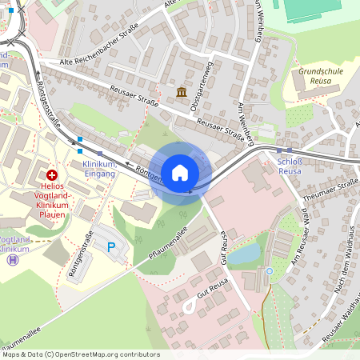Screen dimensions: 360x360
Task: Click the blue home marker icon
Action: click(180, 173)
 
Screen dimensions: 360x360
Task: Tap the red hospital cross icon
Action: click(52, 174)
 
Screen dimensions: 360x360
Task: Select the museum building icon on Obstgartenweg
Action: click(182, 93)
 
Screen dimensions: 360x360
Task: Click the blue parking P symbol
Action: click(111, 248)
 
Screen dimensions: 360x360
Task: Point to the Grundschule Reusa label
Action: click(320, 76)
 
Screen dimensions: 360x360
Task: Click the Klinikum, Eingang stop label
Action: click(100, 169)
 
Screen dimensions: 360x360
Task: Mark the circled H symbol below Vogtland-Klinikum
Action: click(12, 259)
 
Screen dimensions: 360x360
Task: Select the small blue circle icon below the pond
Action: click(270, 271)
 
